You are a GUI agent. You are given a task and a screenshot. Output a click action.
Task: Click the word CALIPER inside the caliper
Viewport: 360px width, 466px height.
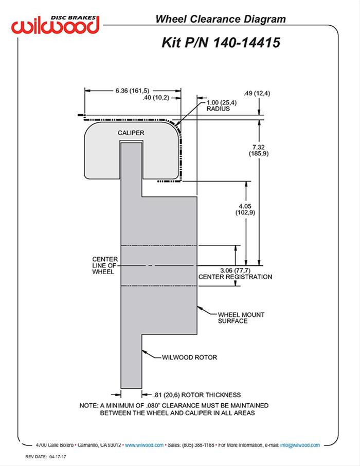pos(131,133)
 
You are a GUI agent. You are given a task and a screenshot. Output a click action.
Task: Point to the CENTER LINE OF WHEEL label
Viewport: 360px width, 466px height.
pos(105,265)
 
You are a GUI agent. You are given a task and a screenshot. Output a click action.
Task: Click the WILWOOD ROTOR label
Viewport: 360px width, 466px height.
pos(189,357)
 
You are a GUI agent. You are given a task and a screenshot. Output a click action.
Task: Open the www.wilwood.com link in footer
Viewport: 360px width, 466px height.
pos(144,445)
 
